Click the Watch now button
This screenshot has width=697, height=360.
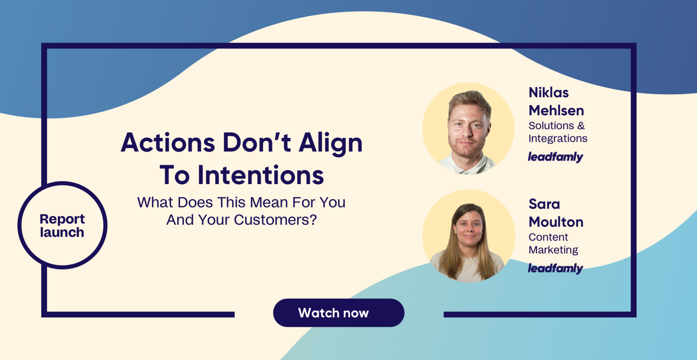pos(339,313)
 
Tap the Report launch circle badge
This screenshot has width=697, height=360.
pos(62,225)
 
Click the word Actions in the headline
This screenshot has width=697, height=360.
pos(168,143)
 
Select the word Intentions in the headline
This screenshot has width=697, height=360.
pos(261,175)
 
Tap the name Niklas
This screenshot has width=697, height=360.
pos(549,93)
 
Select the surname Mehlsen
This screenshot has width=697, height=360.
pos(556,110)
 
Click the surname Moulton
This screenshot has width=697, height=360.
pos(556,222)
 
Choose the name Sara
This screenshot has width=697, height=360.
pos(544,204)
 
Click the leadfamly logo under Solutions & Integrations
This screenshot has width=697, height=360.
pos(555,157)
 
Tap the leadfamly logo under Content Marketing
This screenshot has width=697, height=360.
pos(555,269)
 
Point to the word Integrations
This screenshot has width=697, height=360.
pos(558,139)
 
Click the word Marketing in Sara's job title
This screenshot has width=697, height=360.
pos(553,250)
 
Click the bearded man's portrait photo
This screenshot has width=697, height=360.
pos(468,129)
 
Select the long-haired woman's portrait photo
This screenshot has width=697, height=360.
pos(469,236)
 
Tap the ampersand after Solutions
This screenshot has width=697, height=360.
pos(581,126)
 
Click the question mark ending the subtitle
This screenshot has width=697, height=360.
pos(313,220)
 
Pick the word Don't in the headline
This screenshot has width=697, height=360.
pos(257,143)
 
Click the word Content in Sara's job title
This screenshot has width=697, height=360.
pos(548,237)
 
